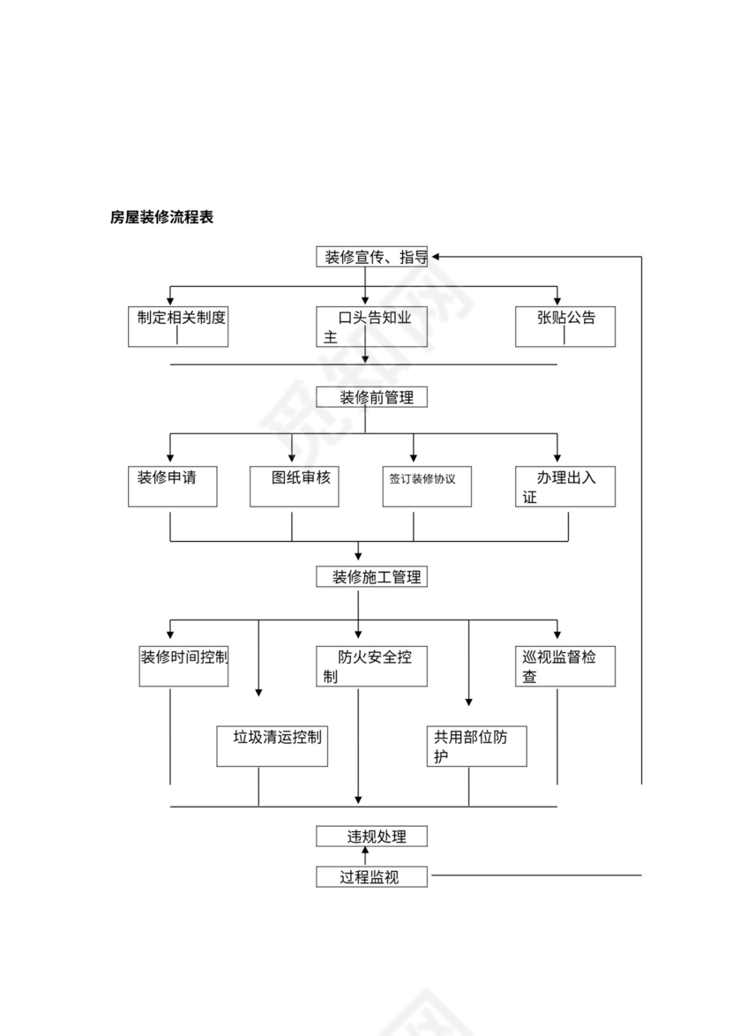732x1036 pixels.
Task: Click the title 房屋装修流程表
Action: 161,217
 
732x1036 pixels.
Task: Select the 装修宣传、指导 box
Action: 371,257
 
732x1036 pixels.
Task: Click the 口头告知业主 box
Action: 371,326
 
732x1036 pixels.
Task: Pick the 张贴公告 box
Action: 565,326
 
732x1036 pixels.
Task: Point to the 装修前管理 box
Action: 371,397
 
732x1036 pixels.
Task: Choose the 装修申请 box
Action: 173,485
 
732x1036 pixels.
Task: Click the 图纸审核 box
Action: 295,485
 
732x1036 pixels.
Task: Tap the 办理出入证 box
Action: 565,485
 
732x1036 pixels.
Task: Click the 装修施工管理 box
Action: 371,577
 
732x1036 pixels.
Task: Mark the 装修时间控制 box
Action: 183,665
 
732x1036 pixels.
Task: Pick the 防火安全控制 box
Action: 371,665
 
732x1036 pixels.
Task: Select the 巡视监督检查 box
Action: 565,665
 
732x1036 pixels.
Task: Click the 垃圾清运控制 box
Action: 272,746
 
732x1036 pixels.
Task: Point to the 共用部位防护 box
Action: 476,746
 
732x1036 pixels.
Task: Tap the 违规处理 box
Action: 371,836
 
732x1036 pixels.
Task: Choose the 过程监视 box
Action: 371,876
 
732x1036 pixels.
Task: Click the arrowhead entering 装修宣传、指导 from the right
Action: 436,257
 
